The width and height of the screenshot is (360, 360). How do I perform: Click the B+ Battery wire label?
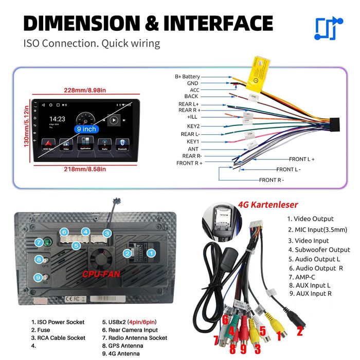(187, 77)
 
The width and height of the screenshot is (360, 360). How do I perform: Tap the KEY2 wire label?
(193, 126)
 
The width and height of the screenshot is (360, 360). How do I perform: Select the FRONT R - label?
(271, 180)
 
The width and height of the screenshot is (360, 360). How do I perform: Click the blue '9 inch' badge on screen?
(86, 129)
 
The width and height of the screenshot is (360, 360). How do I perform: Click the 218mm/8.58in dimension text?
(85, 169)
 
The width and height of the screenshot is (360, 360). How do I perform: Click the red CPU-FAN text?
(101, 274)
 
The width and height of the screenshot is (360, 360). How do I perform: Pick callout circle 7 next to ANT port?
(39, 242)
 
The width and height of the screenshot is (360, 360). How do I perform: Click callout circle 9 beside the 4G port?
(39, 277)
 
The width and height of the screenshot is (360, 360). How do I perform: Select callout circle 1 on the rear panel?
(151, 253)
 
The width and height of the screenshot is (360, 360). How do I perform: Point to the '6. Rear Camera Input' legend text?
(130, 330)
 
